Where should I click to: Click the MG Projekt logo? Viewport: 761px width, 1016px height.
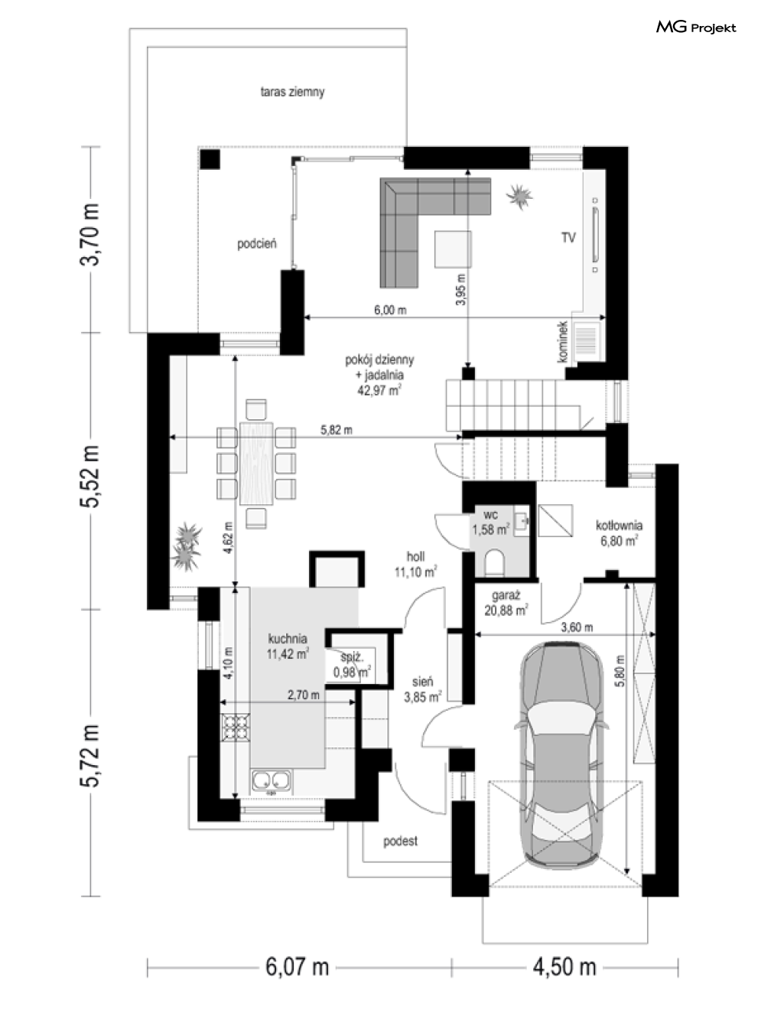click(x=696, y=28)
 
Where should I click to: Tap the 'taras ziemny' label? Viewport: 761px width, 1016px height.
click(x=292, y=92)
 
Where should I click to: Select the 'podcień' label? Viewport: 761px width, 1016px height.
click(x=257, y=243)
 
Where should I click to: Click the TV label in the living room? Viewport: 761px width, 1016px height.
click(x=568, y=237)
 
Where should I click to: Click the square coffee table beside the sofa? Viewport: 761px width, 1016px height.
click(x=453, y=249)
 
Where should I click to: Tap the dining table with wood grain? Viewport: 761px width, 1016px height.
click(x=255, y=463)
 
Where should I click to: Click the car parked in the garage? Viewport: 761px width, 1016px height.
click(x=561, y=754)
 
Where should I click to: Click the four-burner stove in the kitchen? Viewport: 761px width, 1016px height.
click(x=236, y=728)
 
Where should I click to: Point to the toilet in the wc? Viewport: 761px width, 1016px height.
click(x=494, y=562)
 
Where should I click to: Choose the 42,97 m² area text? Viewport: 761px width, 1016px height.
click(x=379, y=390)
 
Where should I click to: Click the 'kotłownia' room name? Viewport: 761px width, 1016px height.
click(x=619, y=526)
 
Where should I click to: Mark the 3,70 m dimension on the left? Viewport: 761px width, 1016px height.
click(x=90, y=234)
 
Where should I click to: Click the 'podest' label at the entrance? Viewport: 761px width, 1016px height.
click(x=400, y=841)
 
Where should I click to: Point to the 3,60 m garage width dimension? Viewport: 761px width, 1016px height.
click(x=577, y=627)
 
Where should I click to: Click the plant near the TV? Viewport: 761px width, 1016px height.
click(x=519, y=197)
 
